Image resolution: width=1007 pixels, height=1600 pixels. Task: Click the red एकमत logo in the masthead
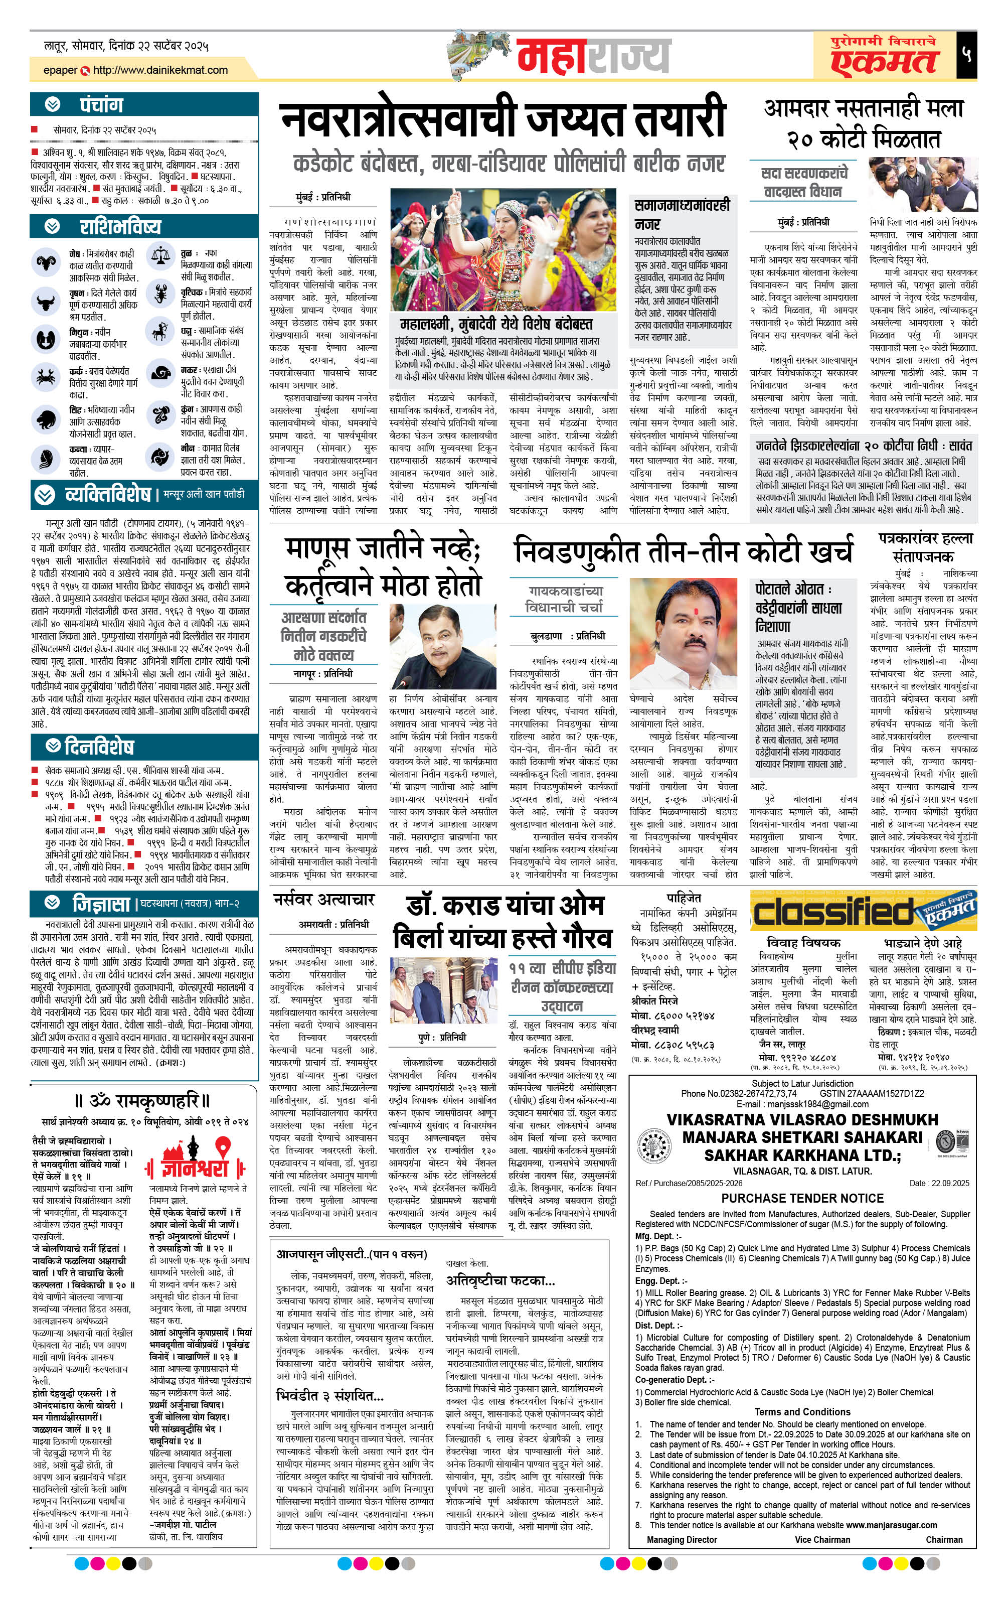884,60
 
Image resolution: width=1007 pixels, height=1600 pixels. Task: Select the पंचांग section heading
102,104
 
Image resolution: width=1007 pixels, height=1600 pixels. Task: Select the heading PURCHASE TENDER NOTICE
802,1198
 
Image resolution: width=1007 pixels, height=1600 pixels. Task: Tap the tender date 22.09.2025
948,1183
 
